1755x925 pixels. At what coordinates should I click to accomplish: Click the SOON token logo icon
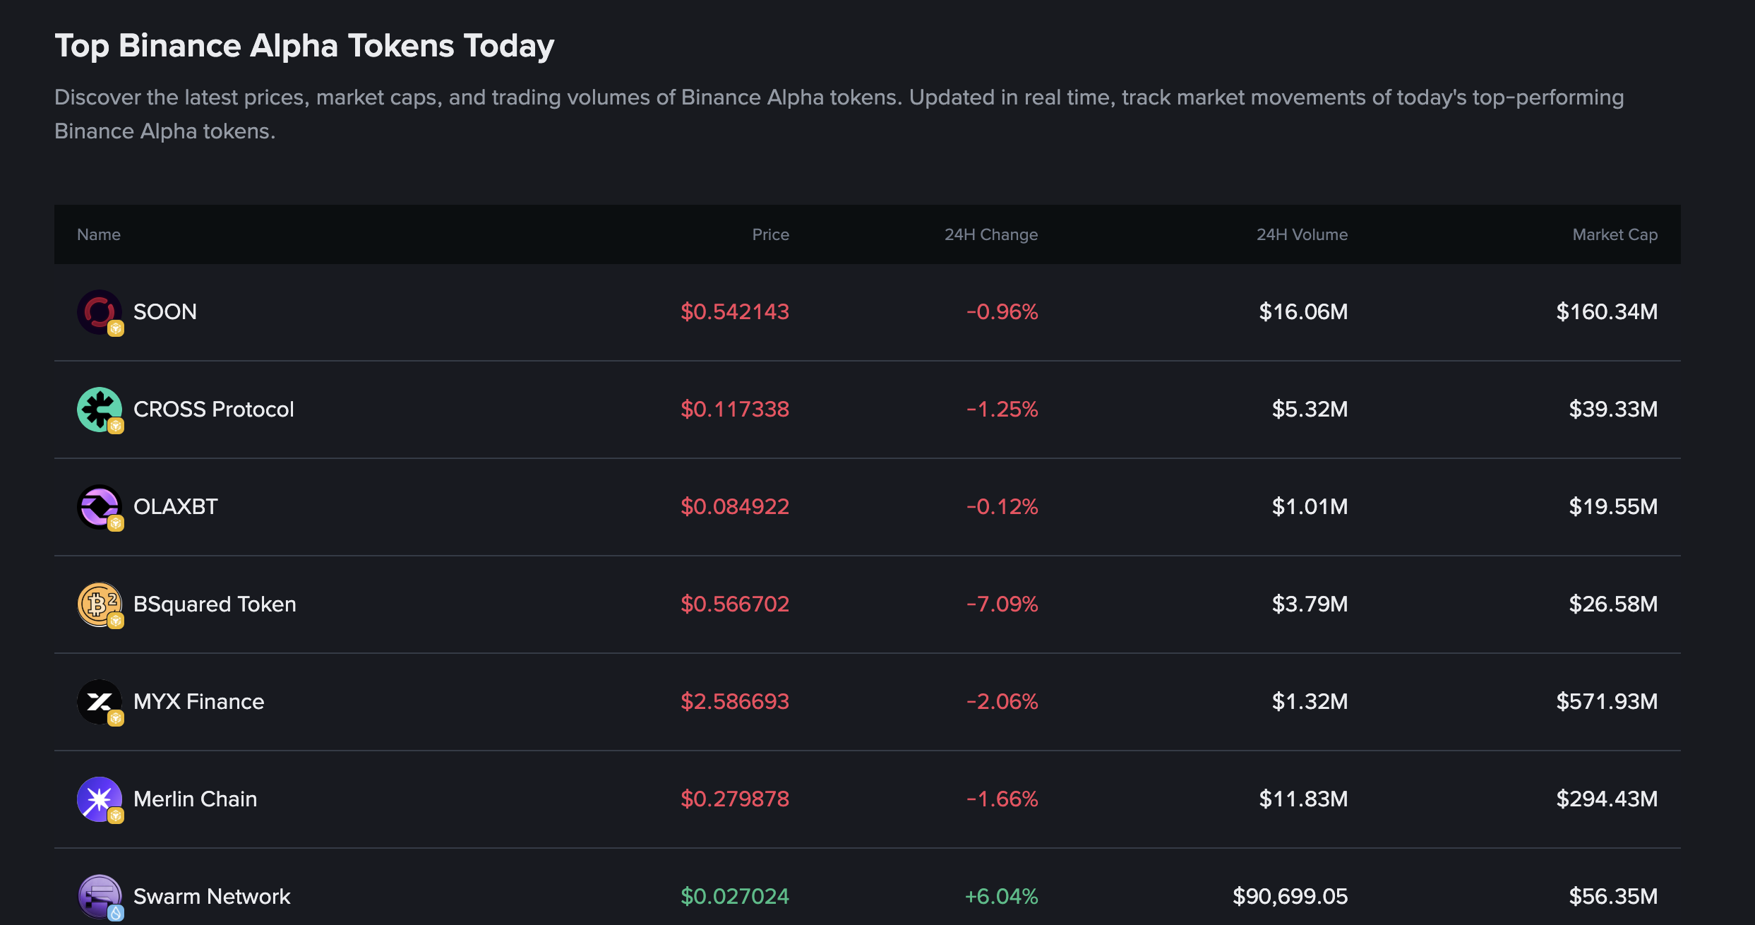[99, 311]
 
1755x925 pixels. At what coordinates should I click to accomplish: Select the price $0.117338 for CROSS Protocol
[734, 409]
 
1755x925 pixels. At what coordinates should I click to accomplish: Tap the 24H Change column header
[990, 234]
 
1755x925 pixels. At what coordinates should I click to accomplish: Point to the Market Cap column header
[1615, 234]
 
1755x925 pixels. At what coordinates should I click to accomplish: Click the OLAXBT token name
[175, 506]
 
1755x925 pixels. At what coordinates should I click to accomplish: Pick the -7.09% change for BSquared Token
[1002, 604]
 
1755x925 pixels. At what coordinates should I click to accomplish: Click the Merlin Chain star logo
[99, 799]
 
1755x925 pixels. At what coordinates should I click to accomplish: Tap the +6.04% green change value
[1001, 896]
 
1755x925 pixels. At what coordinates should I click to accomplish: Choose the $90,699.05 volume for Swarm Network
[1290, 896]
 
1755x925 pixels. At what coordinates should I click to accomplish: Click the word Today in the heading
[508, 46]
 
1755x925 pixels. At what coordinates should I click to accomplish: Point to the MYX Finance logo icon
[99, 701]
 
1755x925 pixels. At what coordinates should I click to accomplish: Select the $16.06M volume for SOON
[1303, 311]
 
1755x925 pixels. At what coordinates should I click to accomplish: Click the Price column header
[770, 234]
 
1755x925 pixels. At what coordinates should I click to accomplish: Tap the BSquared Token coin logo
[99, 604]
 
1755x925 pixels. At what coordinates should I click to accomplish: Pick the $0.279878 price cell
[734, 799]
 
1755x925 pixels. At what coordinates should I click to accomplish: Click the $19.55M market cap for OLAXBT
[1612, 506]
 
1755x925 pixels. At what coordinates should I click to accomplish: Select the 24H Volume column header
[1302, 234]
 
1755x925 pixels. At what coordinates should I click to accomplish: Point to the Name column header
[99, 234]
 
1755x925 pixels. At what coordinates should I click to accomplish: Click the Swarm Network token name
[211, 896]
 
